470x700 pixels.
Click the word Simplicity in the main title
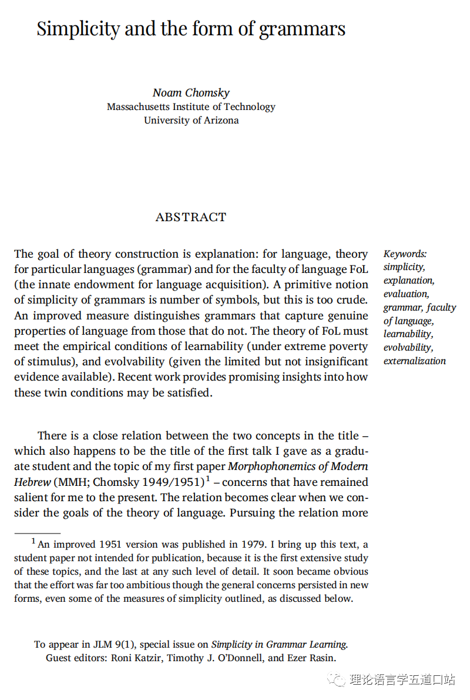click(x=78, y=29)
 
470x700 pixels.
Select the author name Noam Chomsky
click(x=191, y=93)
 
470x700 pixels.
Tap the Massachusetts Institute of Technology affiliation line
click(x=191, y=107)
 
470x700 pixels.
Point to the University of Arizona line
click(x=191, y=120)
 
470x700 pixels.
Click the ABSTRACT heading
click(x=190, y=217)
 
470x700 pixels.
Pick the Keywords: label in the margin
click(x=405, y=254)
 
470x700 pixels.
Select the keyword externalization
click(x=414, y=361)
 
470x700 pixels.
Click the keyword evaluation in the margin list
click(x=406, y=294)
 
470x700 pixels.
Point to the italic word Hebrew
click(x=32, y=482)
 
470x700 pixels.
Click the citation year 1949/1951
click(x=174, y=482)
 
